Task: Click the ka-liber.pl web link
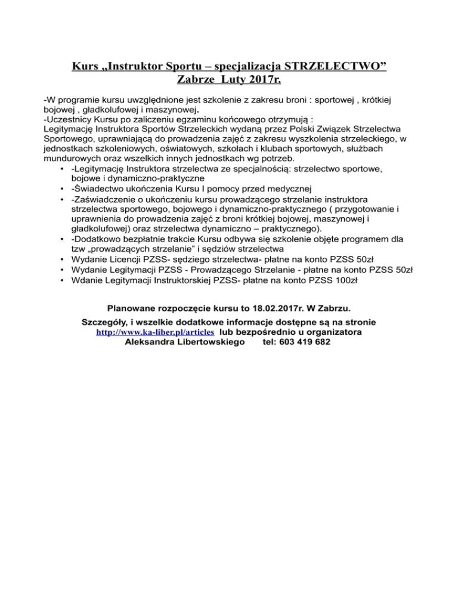[156, 332]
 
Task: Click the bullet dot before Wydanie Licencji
[63, 259]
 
